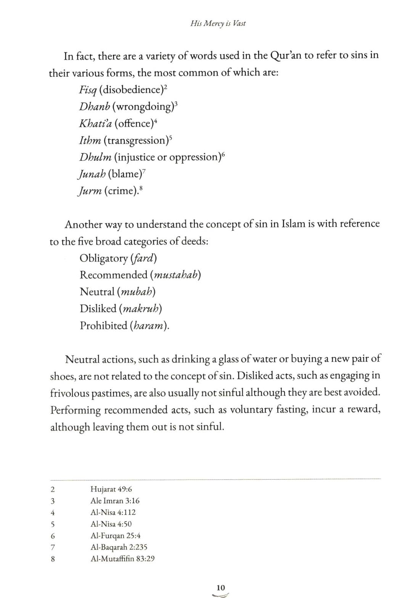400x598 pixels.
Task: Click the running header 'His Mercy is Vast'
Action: pyautogui.click(x=218, y=23)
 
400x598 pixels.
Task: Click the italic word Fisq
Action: pyautogui.click(x=87, y=90)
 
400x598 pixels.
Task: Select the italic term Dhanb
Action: pyautogui.click(x=94, y=106)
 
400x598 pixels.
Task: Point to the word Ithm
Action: pyautogui.click(x=90, y=140)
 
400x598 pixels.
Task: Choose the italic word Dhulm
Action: pyautogui.click(x=95, y=157)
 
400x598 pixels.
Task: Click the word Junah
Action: pyautogui.click(x=91, y=174)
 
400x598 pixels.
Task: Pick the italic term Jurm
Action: pyautogui.click(x=90, y=190)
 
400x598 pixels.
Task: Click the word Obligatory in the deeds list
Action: pyautogui.click(x=103, y=258)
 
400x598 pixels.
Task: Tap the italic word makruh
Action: pyautogui.click(x=140, y=309)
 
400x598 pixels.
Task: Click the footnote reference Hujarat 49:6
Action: pyautogui.click(x=111, y=489)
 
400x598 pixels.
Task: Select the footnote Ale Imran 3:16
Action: pyautogui.click(x=115, y=500)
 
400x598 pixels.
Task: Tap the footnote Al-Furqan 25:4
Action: pyautogui.click(x=116, y=536)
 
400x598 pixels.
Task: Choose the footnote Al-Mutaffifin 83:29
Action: pyautogui.click(x=122, y=559)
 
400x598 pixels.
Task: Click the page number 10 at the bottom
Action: pyautogui.click(x=221, y=588)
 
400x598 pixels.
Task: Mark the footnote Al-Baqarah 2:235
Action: pyautogui.click(x=119, y=547)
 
